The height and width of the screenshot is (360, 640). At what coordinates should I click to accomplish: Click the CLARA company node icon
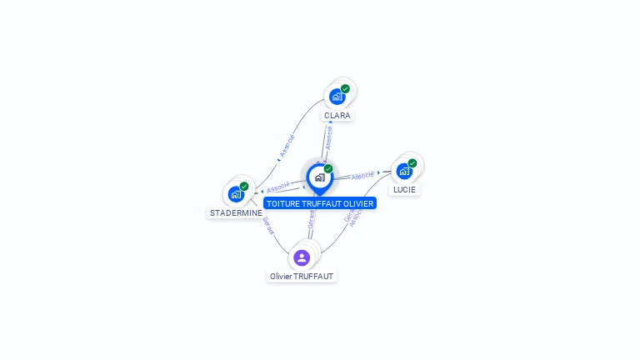[x=337, y=97]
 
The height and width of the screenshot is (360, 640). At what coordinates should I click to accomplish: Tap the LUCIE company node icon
[x=404, y=171]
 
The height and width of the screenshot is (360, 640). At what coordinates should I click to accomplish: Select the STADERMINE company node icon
[x=236, y=194]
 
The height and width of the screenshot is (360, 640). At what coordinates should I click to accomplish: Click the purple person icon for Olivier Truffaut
[x=302, y=257]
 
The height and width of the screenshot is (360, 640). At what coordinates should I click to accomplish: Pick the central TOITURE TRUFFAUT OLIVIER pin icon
[x=319, y=177]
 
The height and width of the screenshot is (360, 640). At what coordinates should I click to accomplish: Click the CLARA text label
[x=337, y=116]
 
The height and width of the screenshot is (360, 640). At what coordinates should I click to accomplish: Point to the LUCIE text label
[x=404, y=189]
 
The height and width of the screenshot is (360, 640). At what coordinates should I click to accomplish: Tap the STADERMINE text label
[x=236, y=212]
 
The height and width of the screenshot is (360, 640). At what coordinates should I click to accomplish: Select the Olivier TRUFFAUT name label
[x=302, y=276]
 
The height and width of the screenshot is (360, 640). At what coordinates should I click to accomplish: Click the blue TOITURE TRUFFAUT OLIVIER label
[x=320, y=202]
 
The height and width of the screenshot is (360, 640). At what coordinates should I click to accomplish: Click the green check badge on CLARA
[x=345, y=89]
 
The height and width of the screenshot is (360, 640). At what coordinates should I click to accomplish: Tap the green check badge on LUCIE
[x=412, y=163]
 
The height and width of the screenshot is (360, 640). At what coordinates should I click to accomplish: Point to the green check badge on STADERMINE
[x=244, y=187]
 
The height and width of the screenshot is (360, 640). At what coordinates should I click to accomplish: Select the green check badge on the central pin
[x=328, y=169]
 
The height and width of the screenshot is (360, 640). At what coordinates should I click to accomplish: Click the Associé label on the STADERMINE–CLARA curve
[x=287, y=146]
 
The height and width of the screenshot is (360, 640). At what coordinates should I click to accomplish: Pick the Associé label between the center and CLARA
[x=329, y=138]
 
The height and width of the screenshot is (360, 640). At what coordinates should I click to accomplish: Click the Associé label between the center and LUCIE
[x=362, y=176]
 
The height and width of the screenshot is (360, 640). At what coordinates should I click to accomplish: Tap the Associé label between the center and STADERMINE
[x=277, y=187]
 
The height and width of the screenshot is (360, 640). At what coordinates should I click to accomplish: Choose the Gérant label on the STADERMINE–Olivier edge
[x=267, y=226]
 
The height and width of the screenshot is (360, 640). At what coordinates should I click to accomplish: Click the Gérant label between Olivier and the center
[x=311, y=220]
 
